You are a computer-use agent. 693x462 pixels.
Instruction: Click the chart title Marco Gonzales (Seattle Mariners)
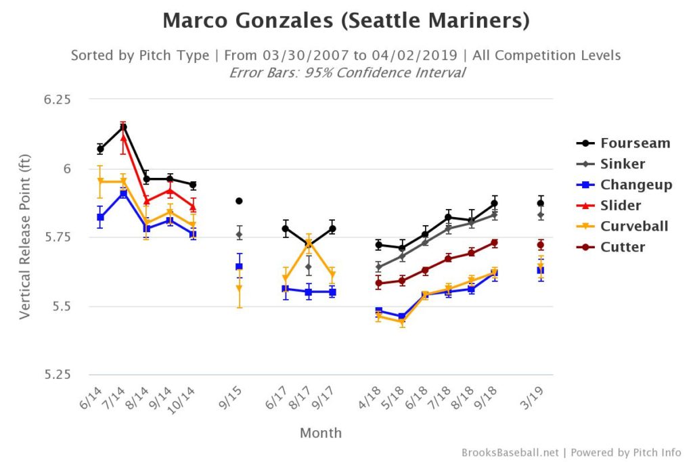click(346, 22)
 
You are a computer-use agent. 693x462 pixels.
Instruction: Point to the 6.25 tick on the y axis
click(58, 99)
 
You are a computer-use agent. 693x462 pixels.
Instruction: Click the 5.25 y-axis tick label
click(58, 375)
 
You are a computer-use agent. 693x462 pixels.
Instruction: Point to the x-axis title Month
click(321, 433)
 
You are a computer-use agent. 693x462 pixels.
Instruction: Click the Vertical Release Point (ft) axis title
click(25, 237)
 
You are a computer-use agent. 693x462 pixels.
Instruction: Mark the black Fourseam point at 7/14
click(124, 127)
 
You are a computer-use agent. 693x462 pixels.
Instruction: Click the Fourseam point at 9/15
click(239, 201)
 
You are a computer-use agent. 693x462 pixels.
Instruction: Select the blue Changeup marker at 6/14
click(100, 217)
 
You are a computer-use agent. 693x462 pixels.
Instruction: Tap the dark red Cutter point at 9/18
click(495, 243)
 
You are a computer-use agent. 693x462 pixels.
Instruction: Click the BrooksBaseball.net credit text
click(511, 453)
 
